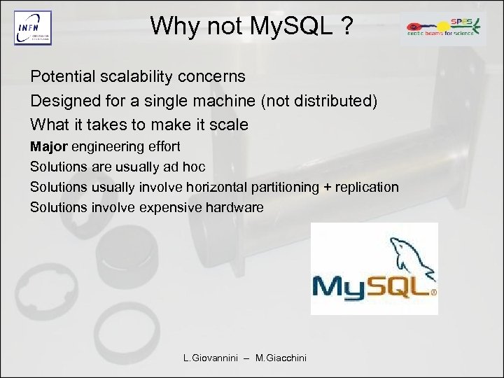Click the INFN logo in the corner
pos(33,28)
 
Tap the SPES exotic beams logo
pos(442,29)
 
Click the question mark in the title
pos(346,27)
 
